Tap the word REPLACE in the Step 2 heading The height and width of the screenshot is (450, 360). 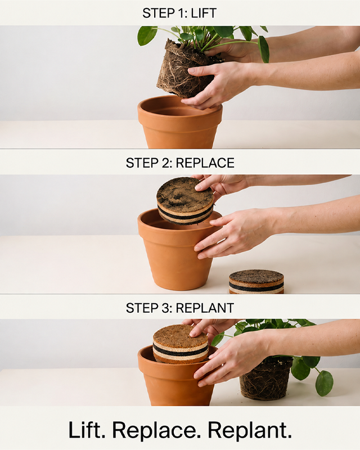coord(205,163)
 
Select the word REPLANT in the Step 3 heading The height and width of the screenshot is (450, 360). coord(205,308)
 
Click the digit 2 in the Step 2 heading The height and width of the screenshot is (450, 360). coord(163,163)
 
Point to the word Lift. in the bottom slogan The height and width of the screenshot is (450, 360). coord(87,430)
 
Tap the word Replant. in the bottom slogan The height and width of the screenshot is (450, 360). coord(250,430)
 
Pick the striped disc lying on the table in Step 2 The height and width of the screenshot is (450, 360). coord(256,282)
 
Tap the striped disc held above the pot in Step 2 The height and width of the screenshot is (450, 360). coord(185,201)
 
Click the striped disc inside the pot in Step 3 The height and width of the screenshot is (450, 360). coord(181,344)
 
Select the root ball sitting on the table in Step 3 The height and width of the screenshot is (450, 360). coord(265,378)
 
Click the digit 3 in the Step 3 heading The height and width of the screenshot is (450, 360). coord(163,308)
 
